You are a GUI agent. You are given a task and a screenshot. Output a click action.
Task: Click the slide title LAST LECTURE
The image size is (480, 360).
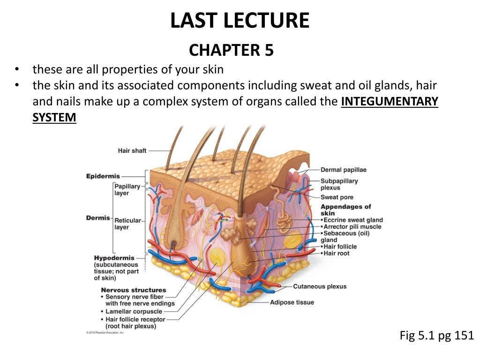pos(240,21)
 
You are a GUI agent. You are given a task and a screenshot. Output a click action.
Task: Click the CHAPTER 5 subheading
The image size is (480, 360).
pos(231,50)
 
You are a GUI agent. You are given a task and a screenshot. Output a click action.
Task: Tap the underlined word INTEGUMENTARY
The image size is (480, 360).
pos(390,101)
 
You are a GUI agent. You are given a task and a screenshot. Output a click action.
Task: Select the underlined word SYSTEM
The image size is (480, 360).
pos(54,117)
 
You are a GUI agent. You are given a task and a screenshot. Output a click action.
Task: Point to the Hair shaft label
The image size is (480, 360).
pos(132,150)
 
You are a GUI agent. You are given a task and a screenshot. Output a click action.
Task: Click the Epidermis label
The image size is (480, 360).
pos(103,176)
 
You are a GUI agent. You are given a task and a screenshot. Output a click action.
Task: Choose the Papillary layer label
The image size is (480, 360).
pos(127,189)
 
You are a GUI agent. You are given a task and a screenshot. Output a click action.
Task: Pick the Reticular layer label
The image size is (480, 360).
pos(127,224)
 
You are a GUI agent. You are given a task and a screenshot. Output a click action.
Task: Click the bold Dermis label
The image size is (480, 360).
pos(98,218)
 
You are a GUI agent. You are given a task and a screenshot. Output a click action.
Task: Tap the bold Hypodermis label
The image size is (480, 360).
pos(114,258)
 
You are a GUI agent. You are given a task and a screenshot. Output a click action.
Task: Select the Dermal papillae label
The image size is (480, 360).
pos(343,170)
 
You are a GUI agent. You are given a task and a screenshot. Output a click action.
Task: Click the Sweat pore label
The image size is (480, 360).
pos(337,197)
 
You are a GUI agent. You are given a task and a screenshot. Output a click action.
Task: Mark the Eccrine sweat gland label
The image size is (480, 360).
pos(353,220)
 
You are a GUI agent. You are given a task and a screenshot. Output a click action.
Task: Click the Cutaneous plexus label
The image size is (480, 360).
pos(320,286)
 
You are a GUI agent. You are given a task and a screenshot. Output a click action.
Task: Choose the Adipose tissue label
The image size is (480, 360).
pos(292,302)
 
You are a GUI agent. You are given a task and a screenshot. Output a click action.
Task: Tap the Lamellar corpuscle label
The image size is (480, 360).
pos(134,311)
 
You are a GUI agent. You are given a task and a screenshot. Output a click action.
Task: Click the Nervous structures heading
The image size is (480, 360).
pos(134,290)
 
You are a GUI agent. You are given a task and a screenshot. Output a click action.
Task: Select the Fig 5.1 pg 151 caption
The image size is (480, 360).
pos(436,336)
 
